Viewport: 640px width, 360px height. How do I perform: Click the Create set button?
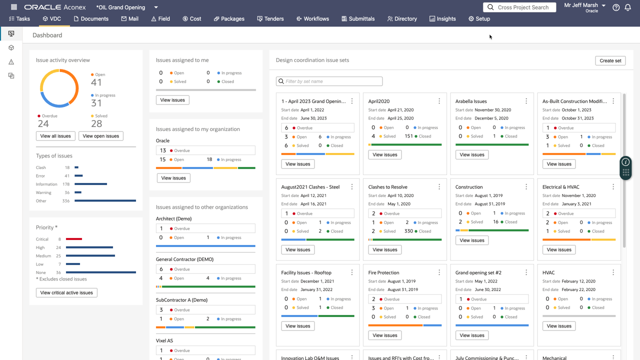point(610,60)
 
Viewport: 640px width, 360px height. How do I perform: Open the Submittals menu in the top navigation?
point(358,19)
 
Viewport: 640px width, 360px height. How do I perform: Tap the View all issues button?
point(55,136)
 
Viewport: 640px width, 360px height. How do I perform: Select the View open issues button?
point(100,136)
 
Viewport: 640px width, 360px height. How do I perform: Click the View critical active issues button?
point(66,293)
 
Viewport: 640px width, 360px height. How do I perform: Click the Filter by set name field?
point(330,81)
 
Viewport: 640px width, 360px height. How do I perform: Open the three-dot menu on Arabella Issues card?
point(526,101)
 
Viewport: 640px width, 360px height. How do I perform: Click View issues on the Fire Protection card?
point(384,335)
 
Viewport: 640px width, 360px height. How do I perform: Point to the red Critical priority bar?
point(73,239)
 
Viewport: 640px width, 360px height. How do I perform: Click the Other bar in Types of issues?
point(105,201)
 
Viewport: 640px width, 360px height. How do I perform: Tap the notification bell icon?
point(627,7)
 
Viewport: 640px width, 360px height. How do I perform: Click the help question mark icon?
point(616,7)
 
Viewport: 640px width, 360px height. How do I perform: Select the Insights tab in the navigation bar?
point(442,19)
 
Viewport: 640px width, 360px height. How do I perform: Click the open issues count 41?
point(96,82)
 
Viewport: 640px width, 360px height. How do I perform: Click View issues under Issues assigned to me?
point(172,100)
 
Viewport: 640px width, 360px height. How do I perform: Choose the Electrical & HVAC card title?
point(560,187)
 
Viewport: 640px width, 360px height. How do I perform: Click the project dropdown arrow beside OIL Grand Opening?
point(156,7)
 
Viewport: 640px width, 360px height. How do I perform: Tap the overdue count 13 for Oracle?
point(163,150)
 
